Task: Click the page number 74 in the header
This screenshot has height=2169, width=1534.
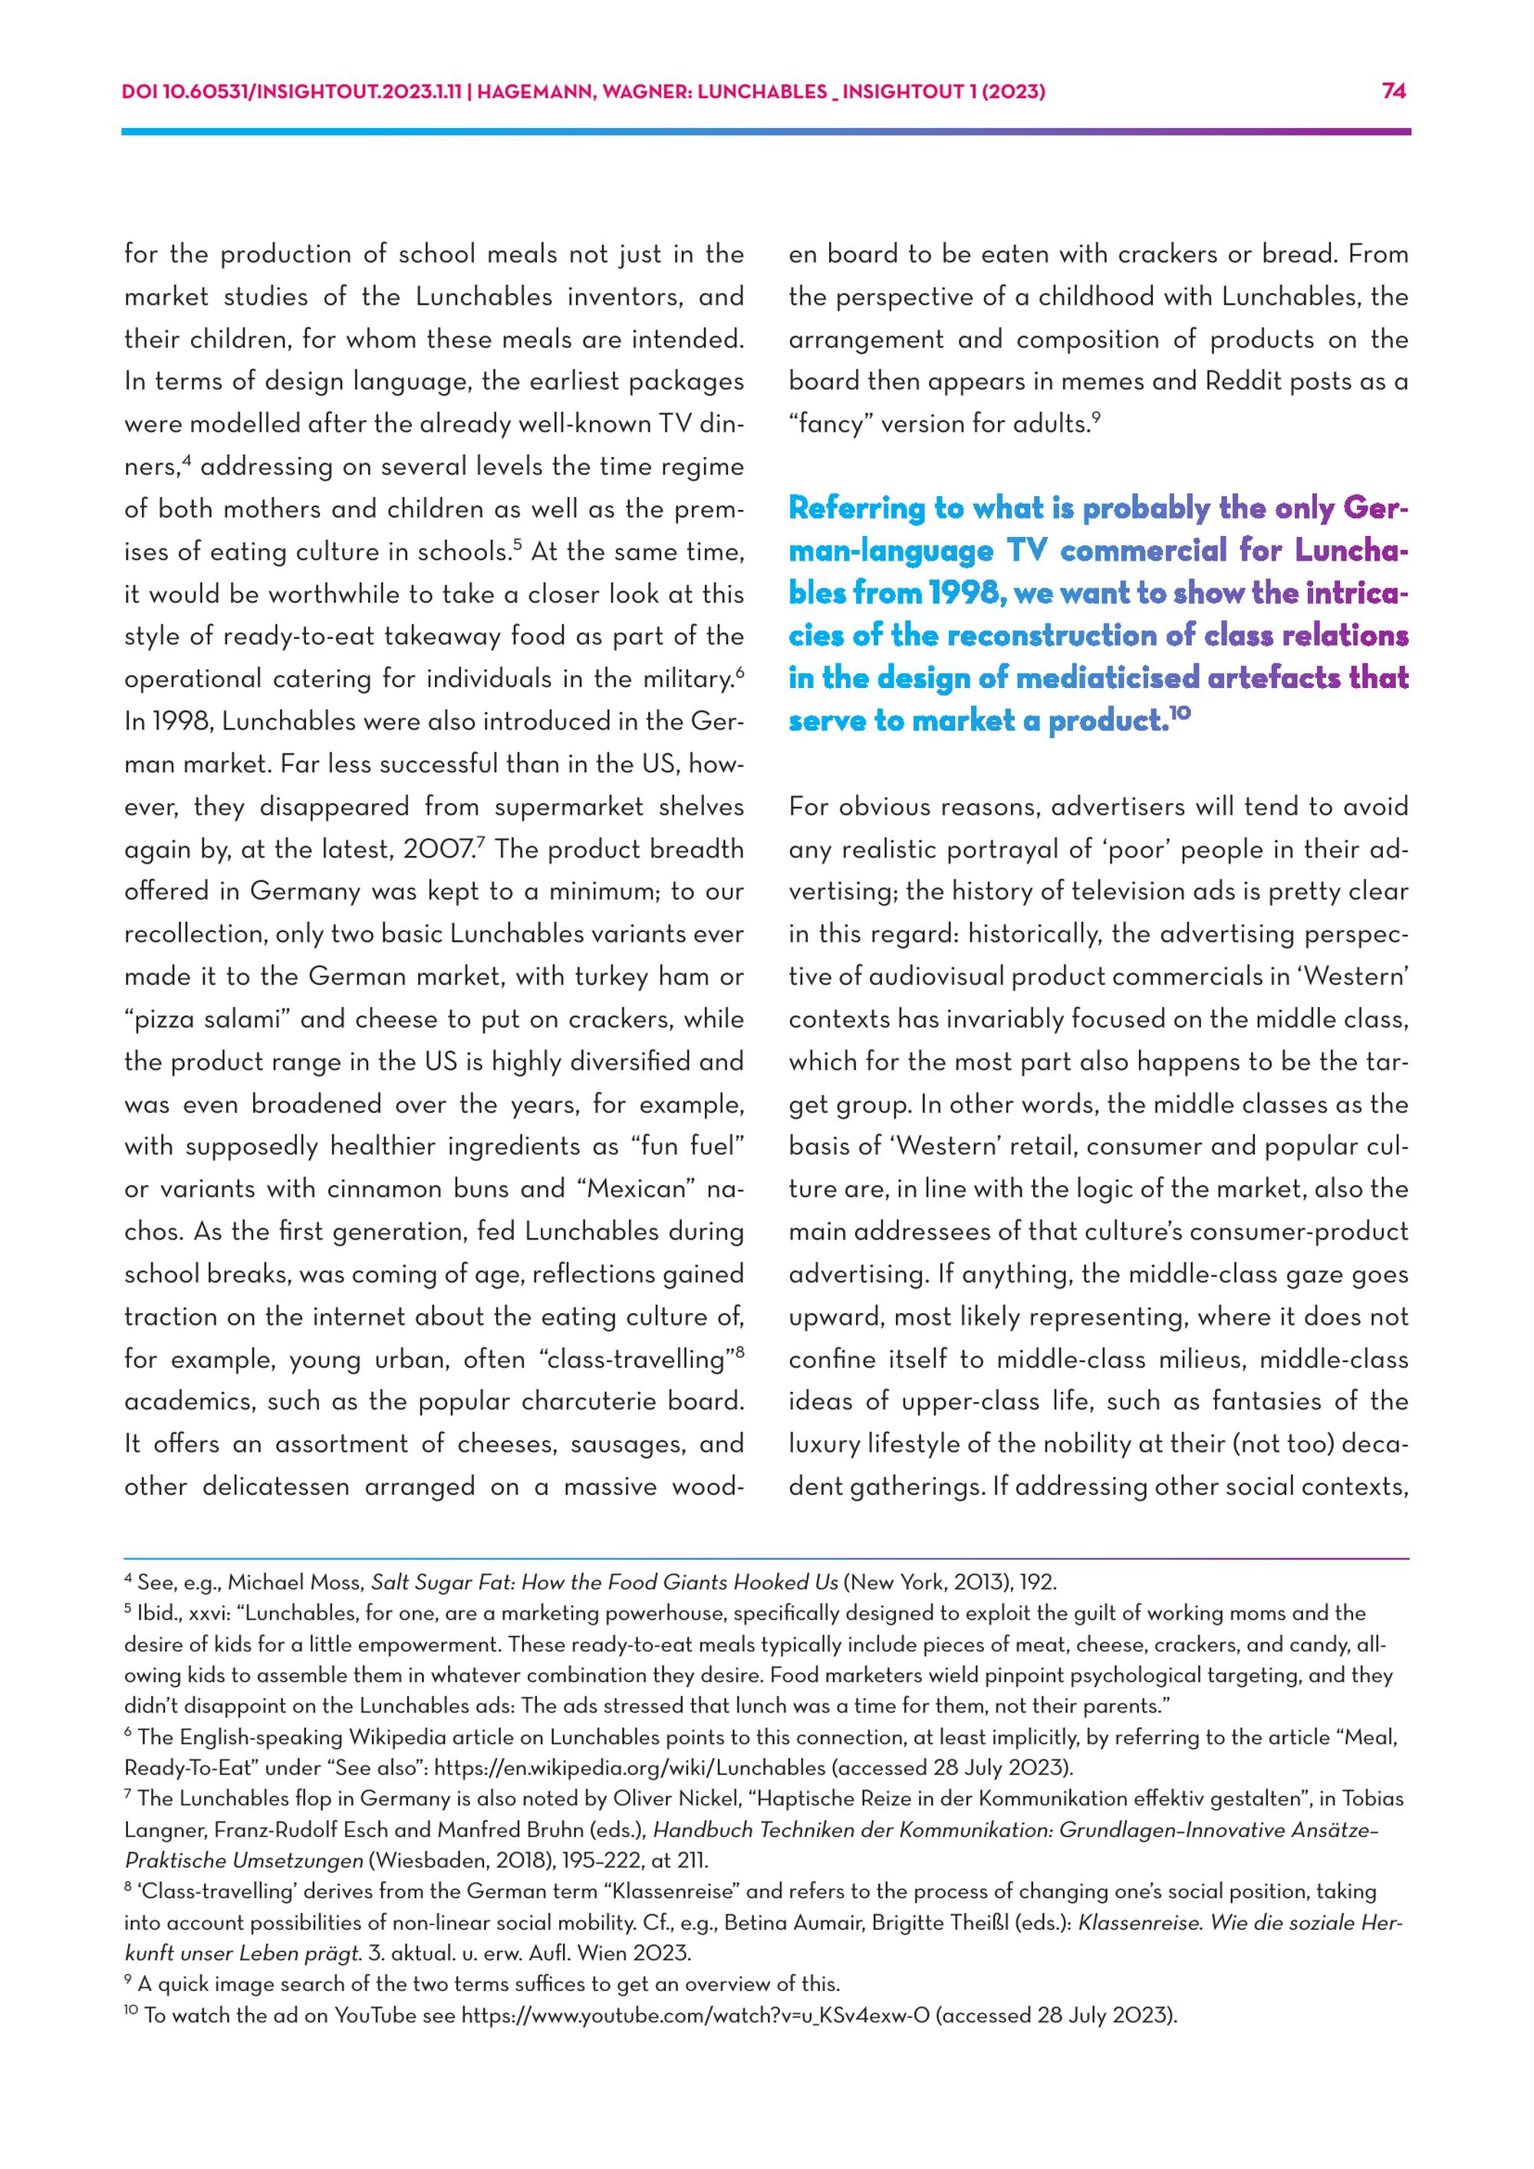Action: (x=1394, y=91)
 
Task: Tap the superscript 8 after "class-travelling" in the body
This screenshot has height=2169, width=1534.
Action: (x=739, y=1352)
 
